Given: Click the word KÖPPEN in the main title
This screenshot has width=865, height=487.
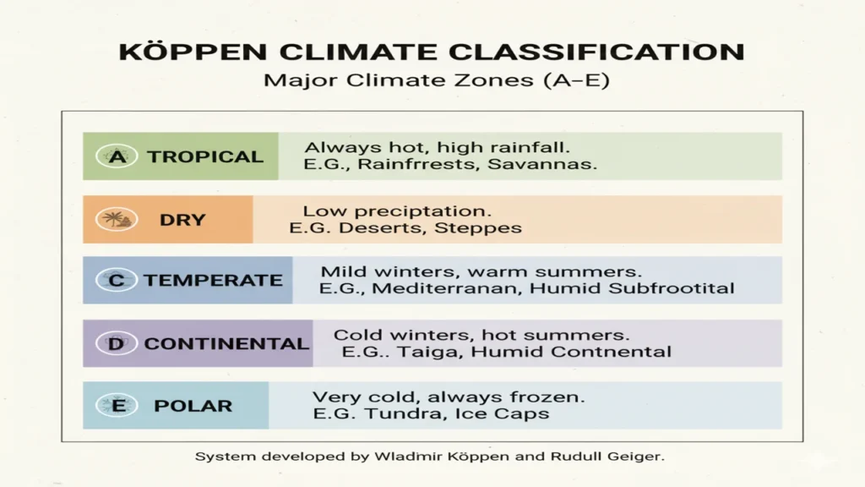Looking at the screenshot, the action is (193, 52).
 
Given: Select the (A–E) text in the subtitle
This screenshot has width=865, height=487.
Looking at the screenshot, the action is (576, 80).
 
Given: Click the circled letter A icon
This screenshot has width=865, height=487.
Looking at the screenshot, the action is (117, 156).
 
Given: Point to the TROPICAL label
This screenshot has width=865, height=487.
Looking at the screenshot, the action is (205, 156).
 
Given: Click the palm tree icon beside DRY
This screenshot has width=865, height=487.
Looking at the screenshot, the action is (117, 219).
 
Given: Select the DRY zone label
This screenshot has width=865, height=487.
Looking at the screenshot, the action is (182, 220).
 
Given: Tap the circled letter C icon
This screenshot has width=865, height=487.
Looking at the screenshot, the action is (116, 280).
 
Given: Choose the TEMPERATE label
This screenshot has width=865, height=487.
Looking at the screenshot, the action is (214, 281).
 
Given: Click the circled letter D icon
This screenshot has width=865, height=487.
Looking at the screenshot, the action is (116, 343).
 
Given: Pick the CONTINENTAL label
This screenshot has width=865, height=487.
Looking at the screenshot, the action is (226, 343).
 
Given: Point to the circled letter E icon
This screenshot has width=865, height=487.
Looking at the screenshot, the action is (117, 406).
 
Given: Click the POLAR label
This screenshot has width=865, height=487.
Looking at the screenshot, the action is (193, 406).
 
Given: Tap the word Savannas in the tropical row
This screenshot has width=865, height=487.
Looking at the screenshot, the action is (542, 165).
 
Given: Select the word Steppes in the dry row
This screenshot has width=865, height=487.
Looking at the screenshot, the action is (478, 228).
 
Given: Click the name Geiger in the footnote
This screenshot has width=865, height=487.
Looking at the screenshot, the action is (635, 457).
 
